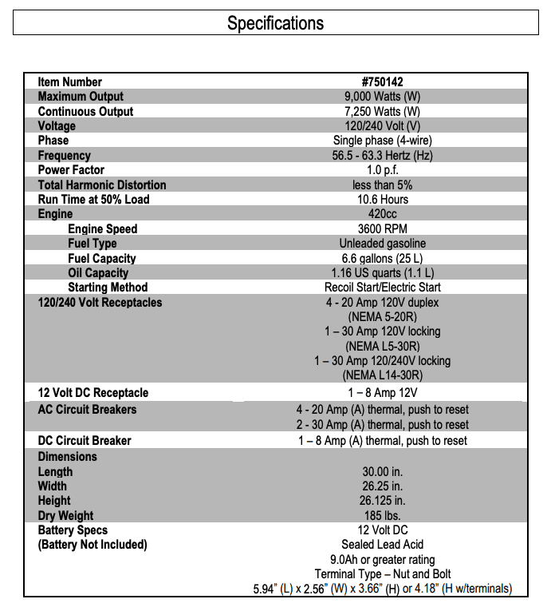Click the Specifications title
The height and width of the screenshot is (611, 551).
(275, 22)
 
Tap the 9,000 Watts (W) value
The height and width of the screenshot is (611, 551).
(382, 97)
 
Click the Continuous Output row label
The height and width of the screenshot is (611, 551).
(85, 111)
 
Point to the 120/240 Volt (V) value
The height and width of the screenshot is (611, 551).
(382, 126)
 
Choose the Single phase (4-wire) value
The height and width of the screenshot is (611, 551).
(382, 141)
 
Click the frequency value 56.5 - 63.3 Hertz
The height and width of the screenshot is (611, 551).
(382, 156)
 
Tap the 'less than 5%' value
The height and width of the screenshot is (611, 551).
(382, 184)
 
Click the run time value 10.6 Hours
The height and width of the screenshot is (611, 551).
(382, 200)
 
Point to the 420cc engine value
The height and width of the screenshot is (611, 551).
(382, 214)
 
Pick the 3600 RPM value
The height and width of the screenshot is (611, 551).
(382, 229)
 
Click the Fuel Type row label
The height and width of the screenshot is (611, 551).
(92, 244)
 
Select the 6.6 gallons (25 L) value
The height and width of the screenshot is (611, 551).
(382, 259)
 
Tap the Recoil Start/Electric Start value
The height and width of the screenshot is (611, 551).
(382, 288)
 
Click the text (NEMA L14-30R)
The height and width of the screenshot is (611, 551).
(382, 375)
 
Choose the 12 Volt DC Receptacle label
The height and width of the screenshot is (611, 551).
(92, 393)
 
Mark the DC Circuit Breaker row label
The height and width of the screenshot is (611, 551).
(85, 441)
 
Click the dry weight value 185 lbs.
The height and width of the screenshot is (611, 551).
(382, 516)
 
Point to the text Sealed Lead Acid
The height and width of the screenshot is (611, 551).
(382, 545)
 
